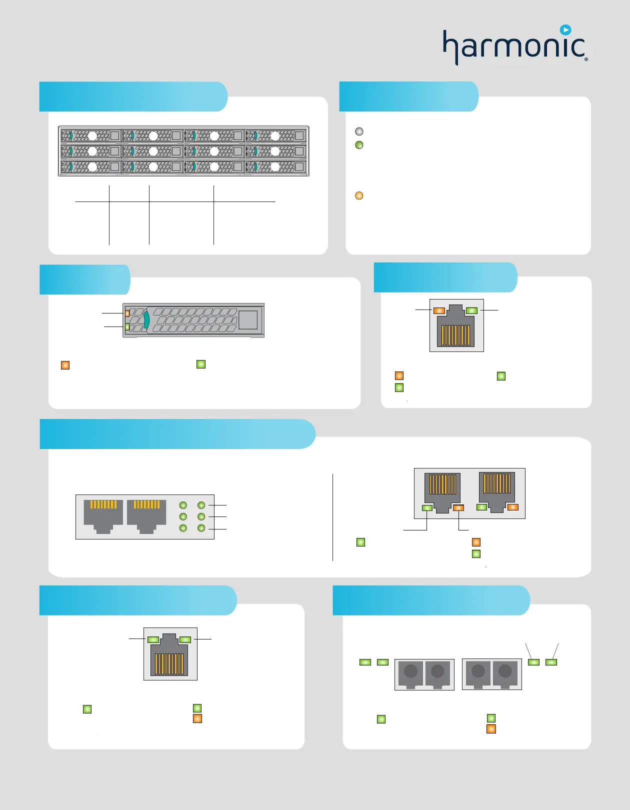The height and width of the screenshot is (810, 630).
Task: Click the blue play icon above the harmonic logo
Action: pyautogui.click(x=565, y=30)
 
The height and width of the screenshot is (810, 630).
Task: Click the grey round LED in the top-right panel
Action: pyautogui.click(x=359, y=131)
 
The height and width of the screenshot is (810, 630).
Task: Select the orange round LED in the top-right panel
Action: pyautogui.click(x=359, y=195)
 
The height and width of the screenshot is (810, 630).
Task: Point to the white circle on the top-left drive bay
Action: pyautogui.click(x=92, y=135)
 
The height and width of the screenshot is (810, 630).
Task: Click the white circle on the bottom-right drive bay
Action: pyautogui.click(x=275, y=166)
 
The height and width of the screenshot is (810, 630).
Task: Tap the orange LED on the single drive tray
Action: pyautogui.click(x=127, y=313)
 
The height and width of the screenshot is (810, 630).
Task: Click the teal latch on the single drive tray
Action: pyautogui.click(x=146, y=320)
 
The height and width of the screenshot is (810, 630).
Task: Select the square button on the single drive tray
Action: pyautogui.click(x=248, y=320)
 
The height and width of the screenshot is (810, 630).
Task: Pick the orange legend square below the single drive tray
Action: pyautogui.click(x=65, y=365)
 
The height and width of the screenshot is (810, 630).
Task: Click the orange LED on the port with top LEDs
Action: pyautogui.click(x=439, y=310)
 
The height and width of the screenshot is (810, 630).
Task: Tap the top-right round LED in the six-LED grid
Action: pyautogui.click(x=201, y=505)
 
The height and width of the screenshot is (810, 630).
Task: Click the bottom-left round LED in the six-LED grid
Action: pyautogui.click(x=183, y=528)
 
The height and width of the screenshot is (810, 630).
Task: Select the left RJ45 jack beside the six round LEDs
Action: pyautogui.click(x=103, y=515)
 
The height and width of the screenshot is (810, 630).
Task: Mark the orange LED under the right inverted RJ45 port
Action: pyautogui.click(x=512, y=507)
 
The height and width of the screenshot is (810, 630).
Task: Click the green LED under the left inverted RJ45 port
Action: pyautogui.click(x=427, y=508)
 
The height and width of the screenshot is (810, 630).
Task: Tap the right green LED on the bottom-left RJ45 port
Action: pyautogui.click(x=185, y=639)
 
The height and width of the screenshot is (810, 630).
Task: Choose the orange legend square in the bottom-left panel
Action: pyautogui.click(x=197, y=718)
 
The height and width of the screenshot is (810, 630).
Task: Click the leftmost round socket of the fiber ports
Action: pyautogui.click(x=410, y=671)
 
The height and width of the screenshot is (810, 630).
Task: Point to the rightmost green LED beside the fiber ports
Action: pyautogui.click(x=551, y=662)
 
